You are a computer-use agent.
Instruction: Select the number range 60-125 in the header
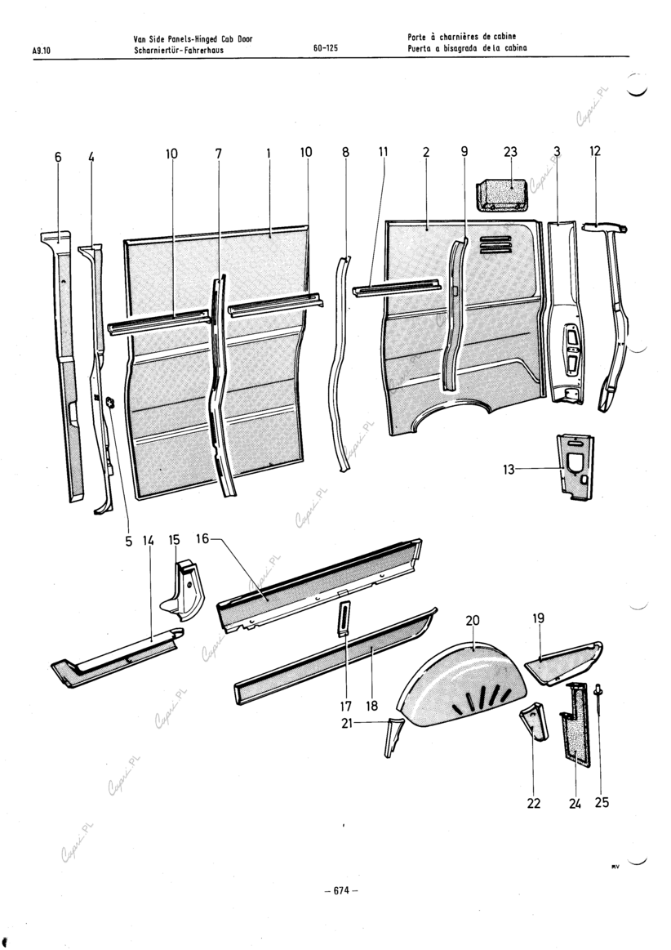pos(326,48)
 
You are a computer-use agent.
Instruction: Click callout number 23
pos(511,152)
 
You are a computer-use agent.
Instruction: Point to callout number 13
pos(509,469)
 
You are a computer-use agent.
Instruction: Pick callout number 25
pos(602,802)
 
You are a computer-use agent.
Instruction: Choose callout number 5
pos(128,540)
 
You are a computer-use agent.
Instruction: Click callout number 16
pos(202,538)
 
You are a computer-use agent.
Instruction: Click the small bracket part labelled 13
pos(575,467)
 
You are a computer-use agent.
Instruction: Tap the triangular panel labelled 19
pos(567,660)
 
